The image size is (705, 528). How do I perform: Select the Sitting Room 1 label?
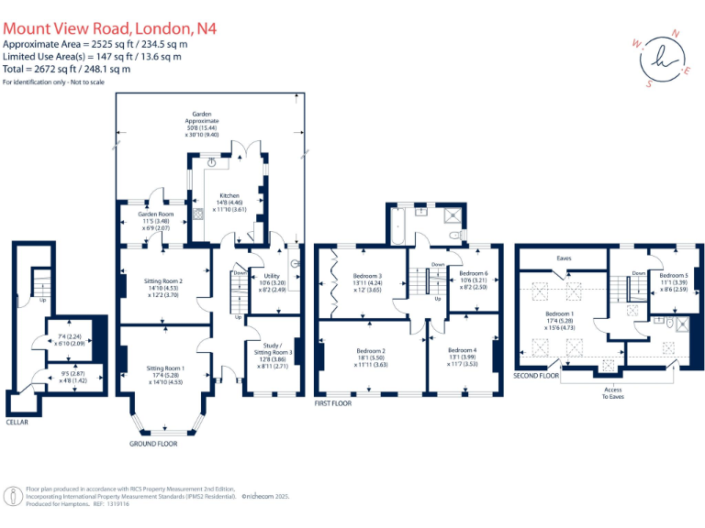pos(167,368)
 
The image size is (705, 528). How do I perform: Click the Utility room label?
pos(272,276)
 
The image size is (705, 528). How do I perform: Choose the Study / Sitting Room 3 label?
pos(272,352)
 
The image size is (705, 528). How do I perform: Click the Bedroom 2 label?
pos(370,351)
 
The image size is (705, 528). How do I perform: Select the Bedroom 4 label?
pos(462,351)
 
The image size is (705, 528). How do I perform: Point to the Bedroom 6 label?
pos(473,273)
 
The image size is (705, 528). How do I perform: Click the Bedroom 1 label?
pos(560,313)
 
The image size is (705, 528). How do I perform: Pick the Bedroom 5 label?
pos(673,276)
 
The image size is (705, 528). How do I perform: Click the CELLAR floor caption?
pos(17,423)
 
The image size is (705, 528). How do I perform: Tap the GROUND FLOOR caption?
pos(153,444)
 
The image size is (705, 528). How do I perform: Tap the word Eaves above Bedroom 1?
pos(564,258)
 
